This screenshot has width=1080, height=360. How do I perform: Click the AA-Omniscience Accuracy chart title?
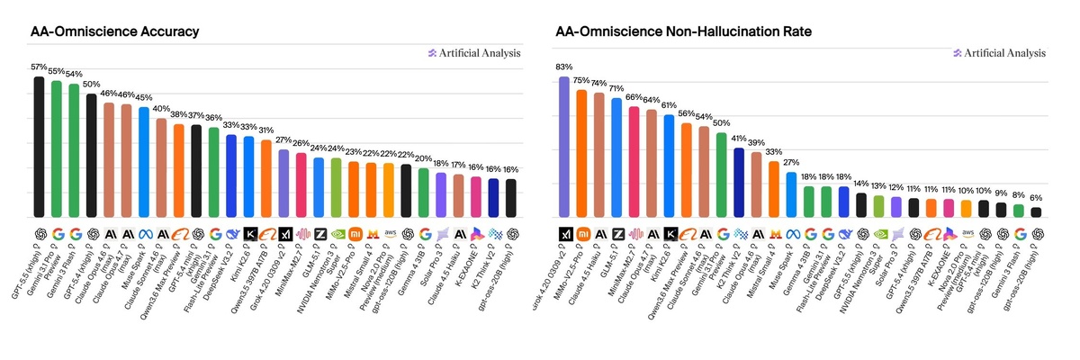pos(114,31)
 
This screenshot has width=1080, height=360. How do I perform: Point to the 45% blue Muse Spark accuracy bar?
pos(143,162)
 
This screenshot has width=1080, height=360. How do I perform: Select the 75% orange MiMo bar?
pos(581,153)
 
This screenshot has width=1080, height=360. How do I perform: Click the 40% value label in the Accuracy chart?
pos(162,109)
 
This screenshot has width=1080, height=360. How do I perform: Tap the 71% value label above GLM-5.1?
pos(616,88)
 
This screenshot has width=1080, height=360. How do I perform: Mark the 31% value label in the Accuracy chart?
pos(266,130)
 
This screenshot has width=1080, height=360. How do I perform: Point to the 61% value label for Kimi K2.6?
pos(669,105)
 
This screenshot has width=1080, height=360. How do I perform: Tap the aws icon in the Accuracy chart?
pos(389,233)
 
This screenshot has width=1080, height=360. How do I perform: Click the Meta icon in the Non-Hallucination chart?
pos(792,233)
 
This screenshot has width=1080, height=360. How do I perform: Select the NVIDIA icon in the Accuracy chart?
pos(337,233)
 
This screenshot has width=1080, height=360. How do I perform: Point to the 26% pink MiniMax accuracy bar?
pos(301,184)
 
